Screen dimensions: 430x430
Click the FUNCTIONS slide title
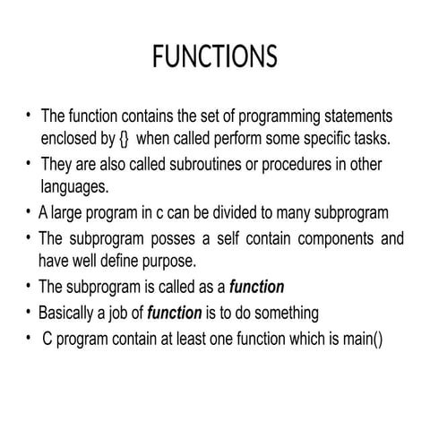pyautogui.click(x=214, y=56)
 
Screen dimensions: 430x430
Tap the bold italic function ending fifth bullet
pyautogui.click(x=257, y=288)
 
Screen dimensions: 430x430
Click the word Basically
pyautogui.click(x=72, y=314)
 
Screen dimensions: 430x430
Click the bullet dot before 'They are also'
pyautogui.click(x=29, y=163)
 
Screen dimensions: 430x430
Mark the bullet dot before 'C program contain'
pyautogui.click(x=29, y=338)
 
